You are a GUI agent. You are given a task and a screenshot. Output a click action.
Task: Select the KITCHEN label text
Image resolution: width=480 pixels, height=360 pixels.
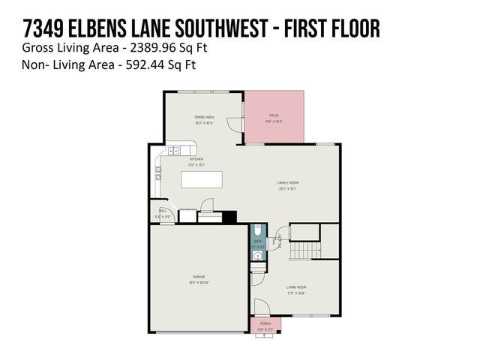click(x=196, y=159)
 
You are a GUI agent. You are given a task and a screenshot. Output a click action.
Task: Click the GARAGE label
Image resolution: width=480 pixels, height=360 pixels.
click(x=199, y=277)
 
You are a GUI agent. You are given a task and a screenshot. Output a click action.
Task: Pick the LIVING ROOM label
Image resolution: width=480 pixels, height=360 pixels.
click(x=296, y=287)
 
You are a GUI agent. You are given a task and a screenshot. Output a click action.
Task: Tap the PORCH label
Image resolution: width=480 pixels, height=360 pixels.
click(x=265, y=323)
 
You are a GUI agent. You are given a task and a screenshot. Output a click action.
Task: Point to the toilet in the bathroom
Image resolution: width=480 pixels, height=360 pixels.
click(x=258, y=230)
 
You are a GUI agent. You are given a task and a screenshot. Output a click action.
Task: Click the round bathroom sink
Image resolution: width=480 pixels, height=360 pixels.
click(x=258, y=256)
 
